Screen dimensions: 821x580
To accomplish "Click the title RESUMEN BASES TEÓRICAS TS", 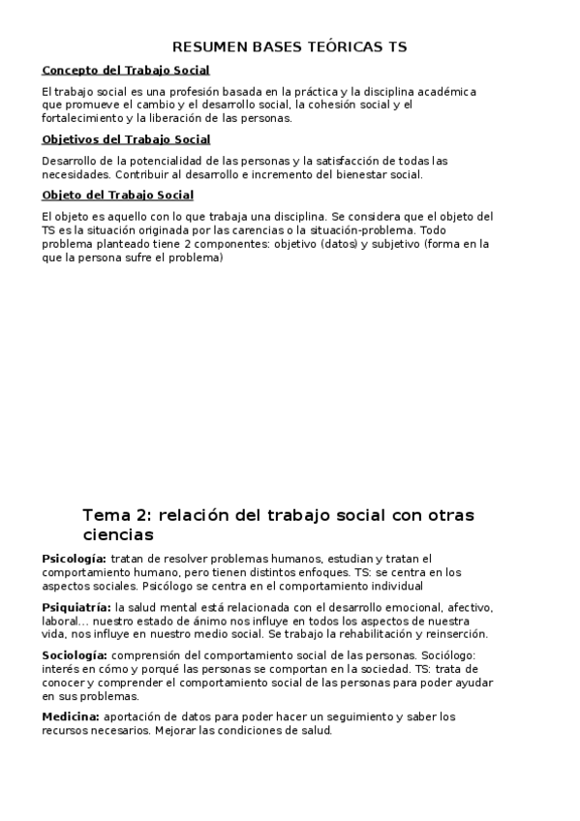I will pos(290,46).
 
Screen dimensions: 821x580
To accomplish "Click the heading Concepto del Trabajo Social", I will pos(126,71).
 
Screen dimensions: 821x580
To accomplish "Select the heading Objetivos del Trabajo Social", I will pos(127,139).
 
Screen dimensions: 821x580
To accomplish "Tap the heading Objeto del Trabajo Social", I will pos(118,196).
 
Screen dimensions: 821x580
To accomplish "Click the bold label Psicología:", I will pos(75,559).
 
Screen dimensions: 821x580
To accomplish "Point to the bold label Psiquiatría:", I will pos(76,607).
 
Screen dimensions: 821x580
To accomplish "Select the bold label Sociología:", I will pos(76,655).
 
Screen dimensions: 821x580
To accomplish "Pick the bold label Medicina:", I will pos(72,716).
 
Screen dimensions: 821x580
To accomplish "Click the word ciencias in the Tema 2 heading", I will pos(118,533).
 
